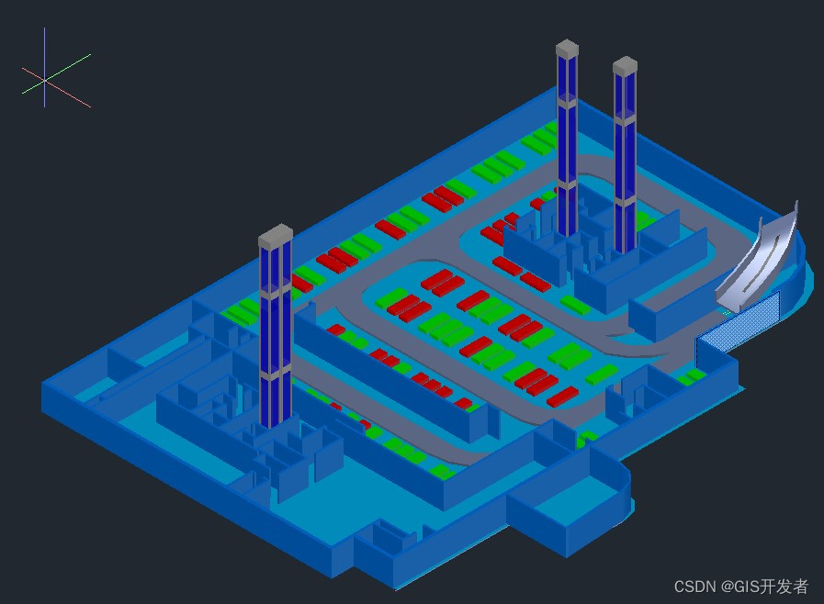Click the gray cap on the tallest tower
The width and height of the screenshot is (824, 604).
[567, 48]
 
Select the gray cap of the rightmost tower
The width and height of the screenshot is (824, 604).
[626, 65]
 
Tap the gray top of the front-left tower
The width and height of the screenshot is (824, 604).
[276, 237]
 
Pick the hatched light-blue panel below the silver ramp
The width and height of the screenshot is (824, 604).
[739, 324]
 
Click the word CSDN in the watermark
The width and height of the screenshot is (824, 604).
[695, 587]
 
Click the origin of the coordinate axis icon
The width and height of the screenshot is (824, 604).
[44, 81]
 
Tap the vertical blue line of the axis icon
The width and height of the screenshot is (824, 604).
[44, 46]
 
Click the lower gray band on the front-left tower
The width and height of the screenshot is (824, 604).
[275, 375]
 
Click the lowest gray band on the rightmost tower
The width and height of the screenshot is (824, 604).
[625, 199]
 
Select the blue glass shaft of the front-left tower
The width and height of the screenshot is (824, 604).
[275, 330]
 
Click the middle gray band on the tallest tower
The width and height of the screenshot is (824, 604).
[567, 184]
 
